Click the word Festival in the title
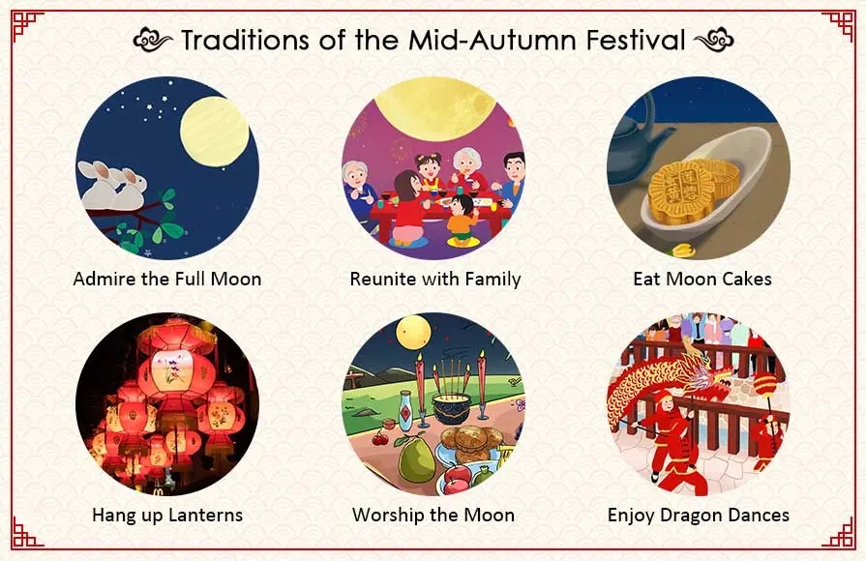point(630,41)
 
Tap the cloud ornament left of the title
point(152,41)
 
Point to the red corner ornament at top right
point(838,27)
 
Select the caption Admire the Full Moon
point(167,280)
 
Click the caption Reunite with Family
point(434,280)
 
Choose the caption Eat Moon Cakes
point(702,280)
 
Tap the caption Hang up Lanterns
point(167,515)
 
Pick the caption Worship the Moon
point(433,515)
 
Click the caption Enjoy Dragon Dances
point(698,515)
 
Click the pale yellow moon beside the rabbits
point(214,130)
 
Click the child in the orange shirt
point(461,217)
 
